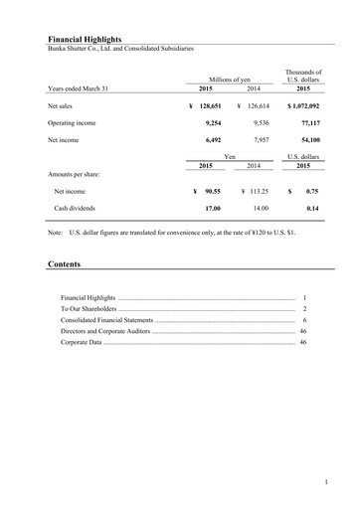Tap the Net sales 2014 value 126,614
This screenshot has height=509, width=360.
point(262,103)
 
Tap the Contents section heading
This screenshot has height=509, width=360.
point(65,265)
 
